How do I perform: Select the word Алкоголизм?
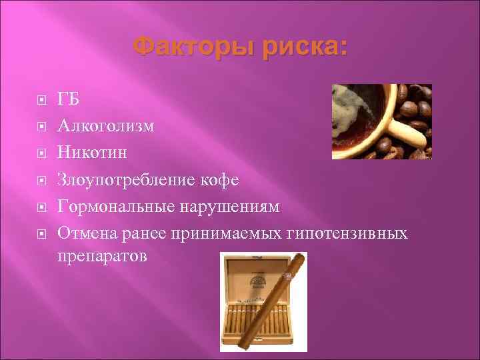[x=106, y=125]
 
